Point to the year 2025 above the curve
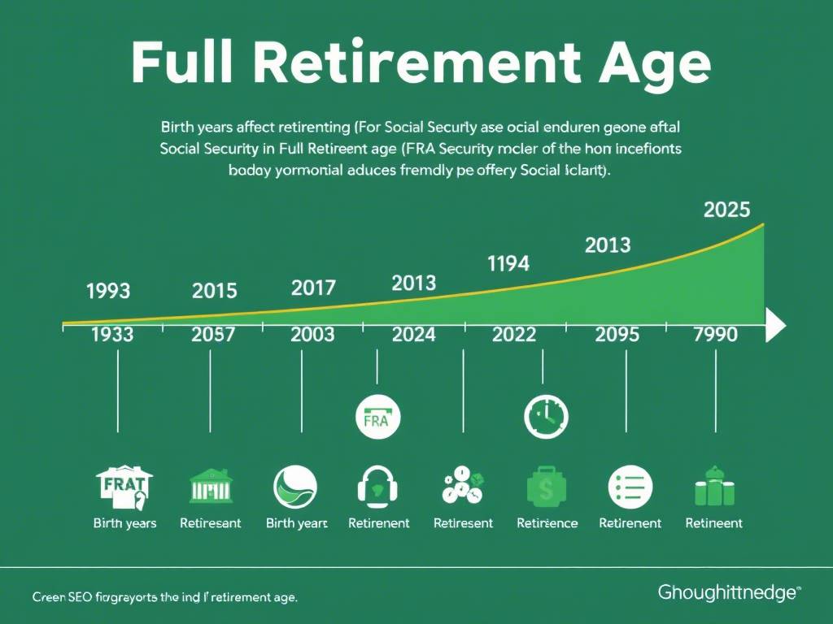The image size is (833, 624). pyautogui.click(x=726, y=210)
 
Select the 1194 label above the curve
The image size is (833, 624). pyautogui.click(x=508, y=263)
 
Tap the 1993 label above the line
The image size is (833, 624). pyautogui.click(x=108, y=290)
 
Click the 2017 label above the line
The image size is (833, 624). pyautogui.click(x=313, y=288)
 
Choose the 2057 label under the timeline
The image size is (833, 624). pyautogui.click(x=214, y=335)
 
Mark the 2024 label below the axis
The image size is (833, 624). pyautogui.click(x=413, y=335)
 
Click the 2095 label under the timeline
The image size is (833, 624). pyautogui.click(x=617, y=335)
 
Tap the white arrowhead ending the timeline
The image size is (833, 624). pyautogui.click(x=775, y=327)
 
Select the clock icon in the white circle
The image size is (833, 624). pyautogui.click(x=546, y=418)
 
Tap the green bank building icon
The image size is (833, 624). pyautogui.click(x=210, y=485)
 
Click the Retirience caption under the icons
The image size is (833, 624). pyautogui.click(x=547, y=523)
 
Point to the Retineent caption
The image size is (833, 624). pyautogui.click(x=713, y=523)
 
